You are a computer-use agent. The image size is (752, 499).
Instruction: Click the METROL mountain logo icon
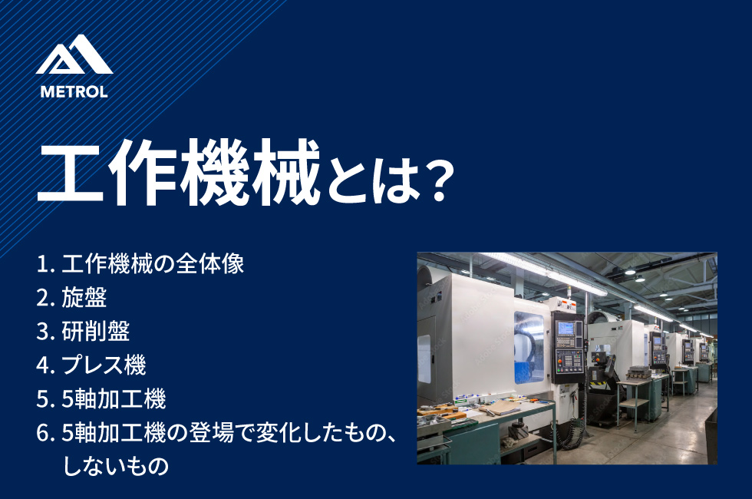(x=74, y=55)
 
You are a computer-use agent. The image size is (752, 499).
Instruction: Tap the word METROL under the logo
(x=74, y=91)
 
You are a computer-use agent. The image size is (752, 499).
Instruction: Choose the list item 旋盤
(x=84, y=298)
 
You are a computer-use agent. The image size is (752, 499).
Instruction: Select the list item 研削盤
(x=95, y=331)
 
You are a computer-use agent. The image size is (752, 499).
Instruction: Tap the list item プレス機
(x=104, y=365)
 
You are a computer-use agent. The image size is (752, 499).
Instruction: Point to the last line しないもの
(x=116, y=466)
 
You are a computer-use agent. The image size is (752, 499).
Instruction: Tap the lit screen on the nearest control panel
(x=566, y=329)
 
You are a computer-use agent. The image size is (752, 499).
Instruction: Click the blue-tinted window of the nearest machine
(x=529, y=347)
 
